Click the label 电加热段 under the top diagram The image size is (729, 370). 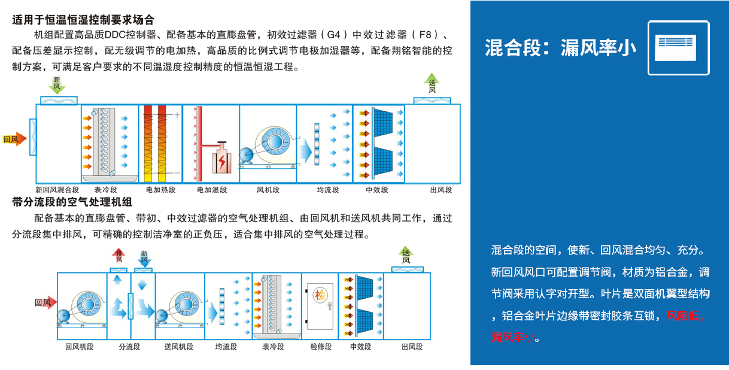[x=160, y=190]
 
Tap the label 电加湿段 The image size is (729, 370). [x=212, y=190]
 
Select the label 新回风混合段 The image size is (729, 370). [x=57, y=190]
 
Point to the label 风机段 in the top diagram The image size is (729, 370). [x=268, y=190]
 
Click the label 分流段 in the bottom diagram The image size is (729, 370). [x=129, y=347]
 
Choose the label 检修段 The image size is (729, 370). [x=321, y=347]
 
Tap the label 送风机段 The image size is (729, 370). [x=179, y=347]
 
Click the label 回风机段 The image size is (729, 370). [x=80, y=347]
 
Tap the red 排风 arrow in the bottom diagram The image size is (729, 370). [x=119, y=256]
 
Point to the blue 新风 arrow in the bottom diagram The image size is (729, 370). [x=144, y=257]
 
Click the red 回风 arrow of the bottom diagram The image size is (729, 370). [x=45, y=302]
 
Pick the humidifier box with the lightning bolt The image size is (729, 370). [x=221, y=160]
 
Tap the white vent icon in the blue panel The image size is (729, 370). [x=679, y=48]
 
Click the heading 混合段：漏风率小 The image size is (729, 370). [x=560, y=48]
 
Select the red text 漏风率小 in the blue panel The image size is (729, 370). [x=512, y=338]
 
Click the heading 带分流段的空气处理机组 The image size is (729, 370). [x=72, y=203]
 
